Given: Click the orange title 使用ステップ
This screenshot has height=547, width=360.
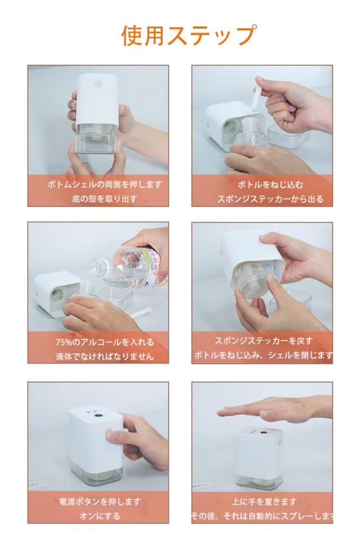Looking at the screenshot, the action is pos(189,35).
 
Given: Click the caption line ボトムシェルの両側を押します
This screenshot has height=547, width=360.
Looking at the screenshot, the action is pos(105,184).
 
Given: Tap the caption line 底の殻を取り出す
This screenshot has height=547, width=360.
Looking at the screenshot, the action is pos(105,199).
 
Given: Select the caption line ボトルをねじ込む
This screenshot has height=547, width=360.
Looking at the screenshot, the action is pos(271,184).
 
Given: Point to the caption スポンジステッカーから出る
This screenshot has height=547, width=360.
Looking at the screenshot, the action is pos(271,199).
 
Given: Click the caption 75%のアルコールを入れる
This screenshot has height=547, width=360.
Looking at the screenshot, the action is pos(105,342).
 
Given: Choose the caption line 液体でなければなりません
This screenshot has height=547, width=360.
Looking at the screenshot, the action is pos(105,357).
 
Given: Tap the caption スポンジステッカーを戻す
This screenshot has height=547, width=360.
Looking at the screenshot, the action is pos(264,341).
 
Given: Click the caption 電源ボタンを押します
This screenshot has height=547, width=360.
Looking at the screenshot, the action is pos(100,501).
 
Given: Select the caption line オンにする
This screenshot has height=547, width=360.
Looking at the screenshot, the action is pos(100,516).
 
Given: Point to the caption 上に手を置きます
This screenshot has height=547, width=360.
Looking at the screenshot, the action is pos(264,501).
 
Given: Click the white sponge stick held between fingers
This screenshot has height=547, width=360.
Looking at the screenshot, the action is pos(257,98).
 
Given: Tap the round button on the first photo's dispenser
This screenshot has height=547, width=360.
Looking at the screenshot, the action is pos(97,84).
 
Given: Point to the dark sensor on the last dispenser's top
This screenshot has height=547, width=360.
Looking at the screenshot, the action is pos(261,434).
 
